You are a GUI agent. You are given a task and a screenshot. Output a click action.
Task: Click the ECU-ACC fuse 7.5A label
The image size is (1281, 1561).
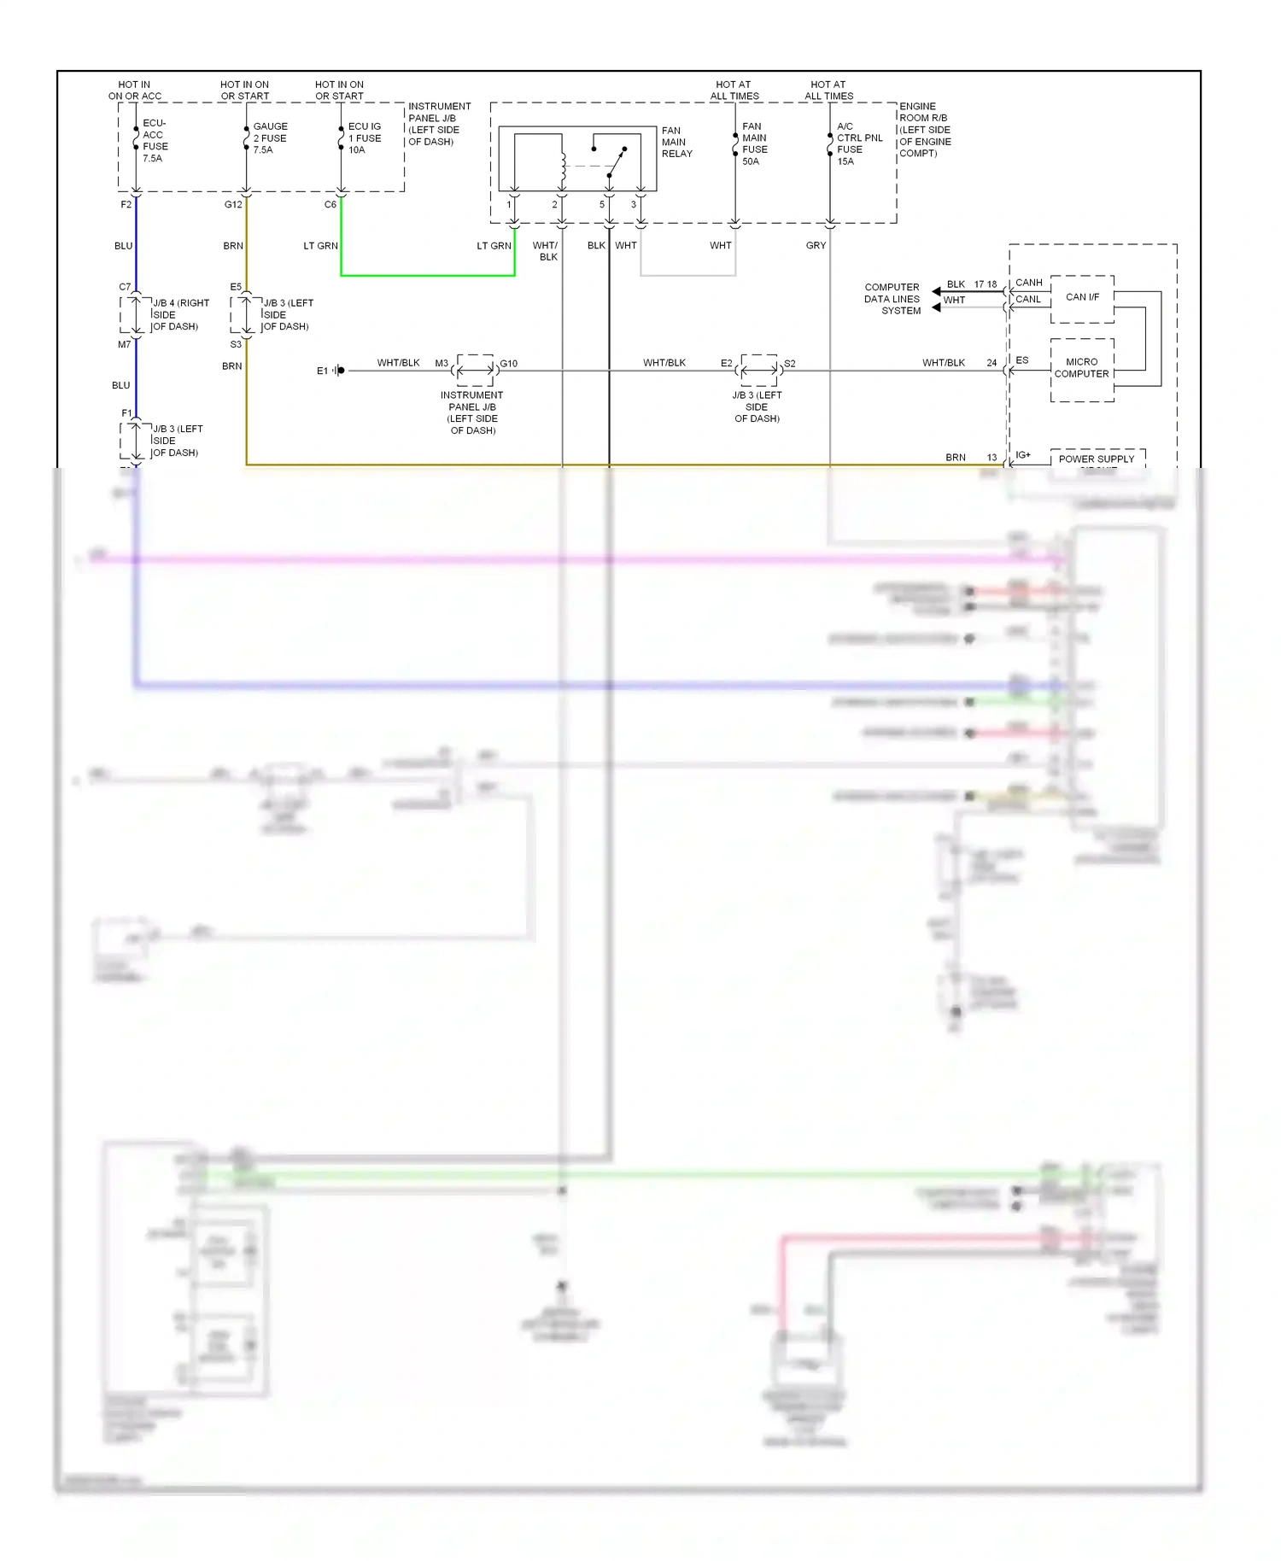coord(155,141)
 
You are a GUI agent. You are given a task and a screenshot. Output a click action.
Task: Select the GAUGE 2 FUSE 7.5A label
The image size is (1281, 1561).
coord(269,138)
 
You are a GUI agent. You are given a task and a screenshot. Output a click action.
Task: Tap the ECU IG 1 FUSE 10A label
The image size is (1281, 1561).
coord(364,138)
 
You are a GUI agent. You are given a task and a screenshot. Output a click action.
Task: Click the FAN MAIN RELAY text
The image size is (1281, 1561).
coord(676,143)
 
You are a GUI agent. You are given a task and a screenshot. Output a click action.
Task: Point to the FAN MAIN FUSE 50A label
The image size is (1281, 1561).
coord(754,143)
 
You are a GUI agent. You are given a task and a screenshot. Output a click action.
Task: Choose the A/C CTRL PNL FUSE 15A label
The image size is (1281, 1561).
coord(858,143)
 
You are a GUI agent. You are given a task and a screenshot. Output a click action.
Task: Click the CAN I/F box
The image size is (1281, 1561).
coord(1082,298)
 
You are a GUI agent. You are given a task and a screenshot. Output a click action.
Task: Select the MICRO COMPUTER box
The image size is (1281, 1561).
coord(1081,369)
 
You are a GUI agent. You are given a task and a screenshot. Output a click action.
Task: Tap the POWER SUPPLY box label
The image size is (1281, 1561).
coord(1096,459)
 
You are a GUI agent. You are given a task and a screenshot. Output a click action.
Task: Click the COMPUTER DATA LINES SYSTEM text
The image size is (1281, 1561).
coord(892,300)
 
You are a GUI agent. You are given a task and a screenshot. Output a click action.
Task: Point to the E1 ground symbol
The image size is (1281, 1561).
coord(338,371)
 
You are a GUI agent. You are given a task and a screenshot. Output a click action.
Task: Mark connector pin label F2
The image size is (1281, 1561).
coord(126,205)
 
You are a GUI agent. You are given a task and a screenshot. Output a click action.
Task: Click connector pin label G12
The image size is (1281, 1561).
coord(233,205)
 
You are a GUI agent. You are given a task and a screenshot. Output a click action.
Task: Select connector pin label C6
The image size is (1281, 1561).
coord(330,205)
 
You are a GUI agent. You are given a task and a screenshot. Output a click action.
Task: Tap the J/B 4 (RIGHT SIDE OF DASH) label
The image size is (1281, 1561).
coord(179,315)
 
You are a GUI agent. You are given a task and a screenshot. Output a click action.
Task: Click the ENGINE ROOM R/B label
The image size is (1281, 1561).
coord(924,130)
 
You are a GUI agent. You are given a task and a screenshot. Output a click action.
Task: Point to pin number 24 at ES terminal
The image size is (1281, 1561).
coord(991,363)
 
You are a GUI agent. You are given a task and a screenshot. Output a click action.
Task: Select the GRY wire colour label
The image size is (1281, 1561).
coord(816,246)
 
